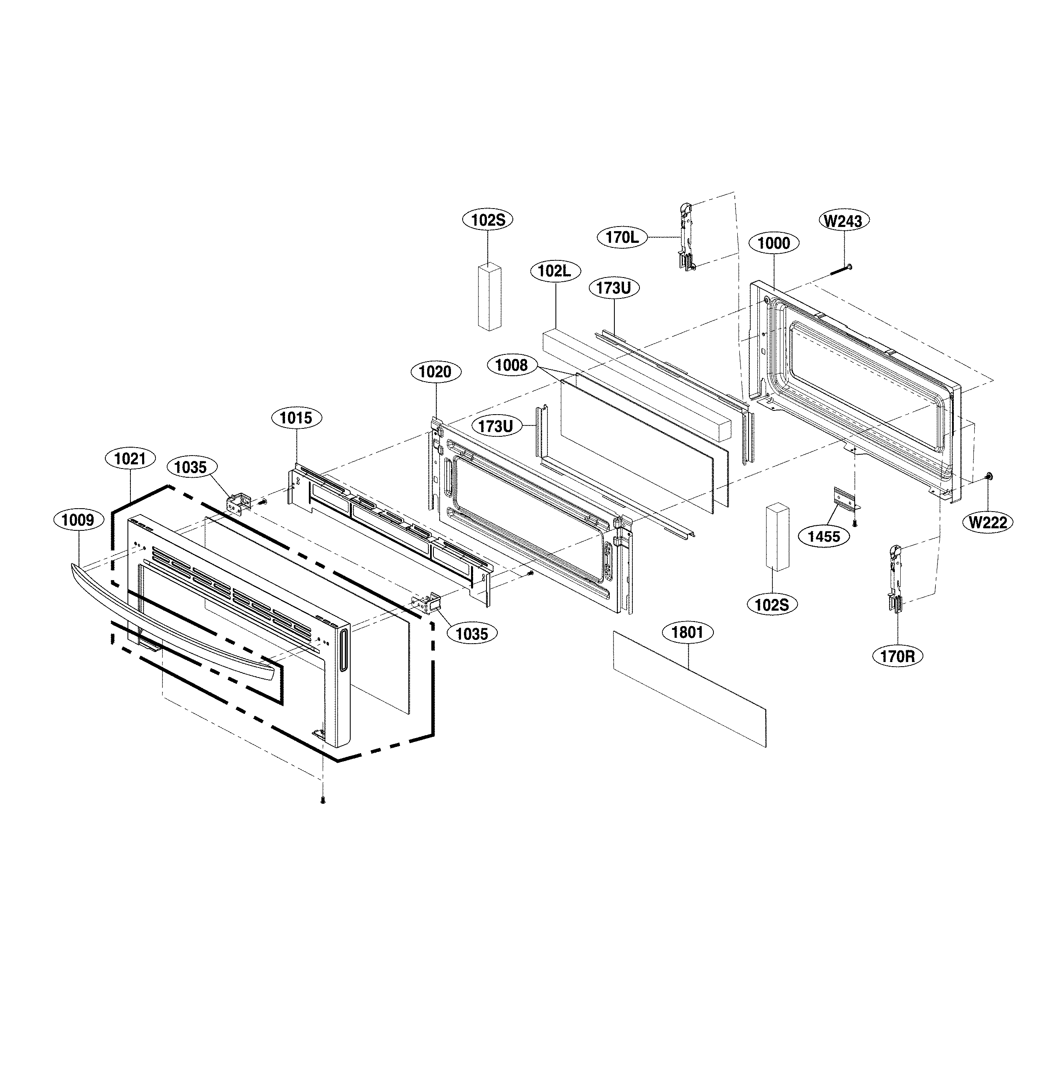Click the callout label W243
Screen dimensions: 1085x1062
click(843, 221)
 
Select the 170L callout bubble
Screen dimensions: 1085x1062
click(622, 237)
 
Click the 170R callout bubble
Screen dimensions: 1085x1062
click(897, 657)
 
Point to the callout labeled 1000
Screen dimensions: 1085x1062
click(774, 243)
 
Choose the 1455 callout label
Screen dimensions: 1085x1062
click(824, 536)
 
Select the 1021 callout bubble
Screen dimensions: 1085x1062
click(130, 458)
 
